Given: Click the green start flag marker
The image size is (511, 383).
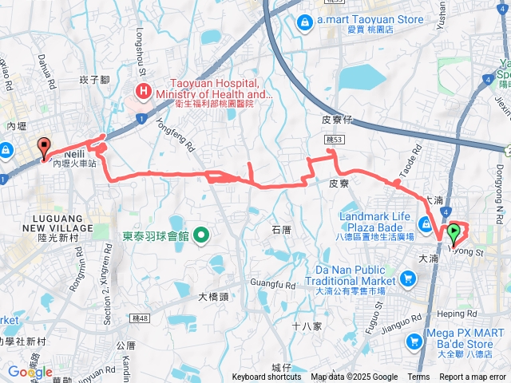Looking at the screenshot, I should pos(454,233).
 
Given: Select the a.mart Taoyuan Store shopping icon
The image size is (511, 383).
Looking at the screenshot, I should pos(304,22).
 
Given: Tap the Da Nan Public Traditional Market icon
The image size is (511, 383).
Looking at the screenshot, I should pos(408,278).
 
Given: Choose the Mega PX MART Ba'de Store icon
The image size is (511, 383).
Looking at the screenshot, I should pos(414,342).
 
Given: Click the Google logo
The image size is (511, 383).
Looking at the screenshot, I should pos(29,372).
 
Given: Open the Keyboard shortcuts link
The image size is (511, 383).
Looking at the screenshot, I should pos(267,377).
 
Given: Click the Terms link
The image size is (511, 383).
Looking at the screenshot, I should pos(418,377).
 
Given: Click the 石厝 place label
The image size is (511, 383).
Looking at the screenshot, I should pos(281,230).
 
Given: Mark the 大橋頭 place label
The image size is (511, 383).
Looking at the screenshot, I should pos(214,296).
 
